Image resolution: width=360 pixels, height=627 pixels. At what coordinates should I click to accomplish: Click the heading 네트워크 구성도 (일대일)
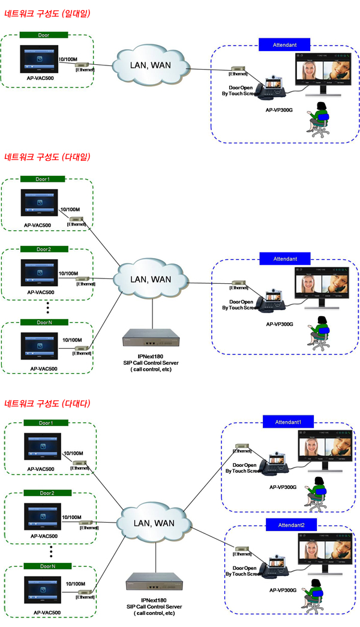[x=47, y=13]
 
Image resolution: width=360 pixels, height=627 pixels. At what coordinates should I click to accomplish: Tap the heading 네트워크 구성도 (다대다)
[x=47, y=404]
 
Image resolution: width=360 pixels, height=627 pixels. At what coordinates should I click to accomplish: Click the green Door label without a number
[x=43, y=35]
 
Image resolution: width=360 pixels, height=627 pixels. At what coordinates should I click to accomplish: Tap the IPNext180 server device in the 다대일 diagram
[x=150, y=343]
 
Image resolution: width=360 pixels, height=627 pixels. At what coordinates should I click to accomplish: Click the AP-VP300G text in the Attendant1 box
[x=283, y=487]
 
